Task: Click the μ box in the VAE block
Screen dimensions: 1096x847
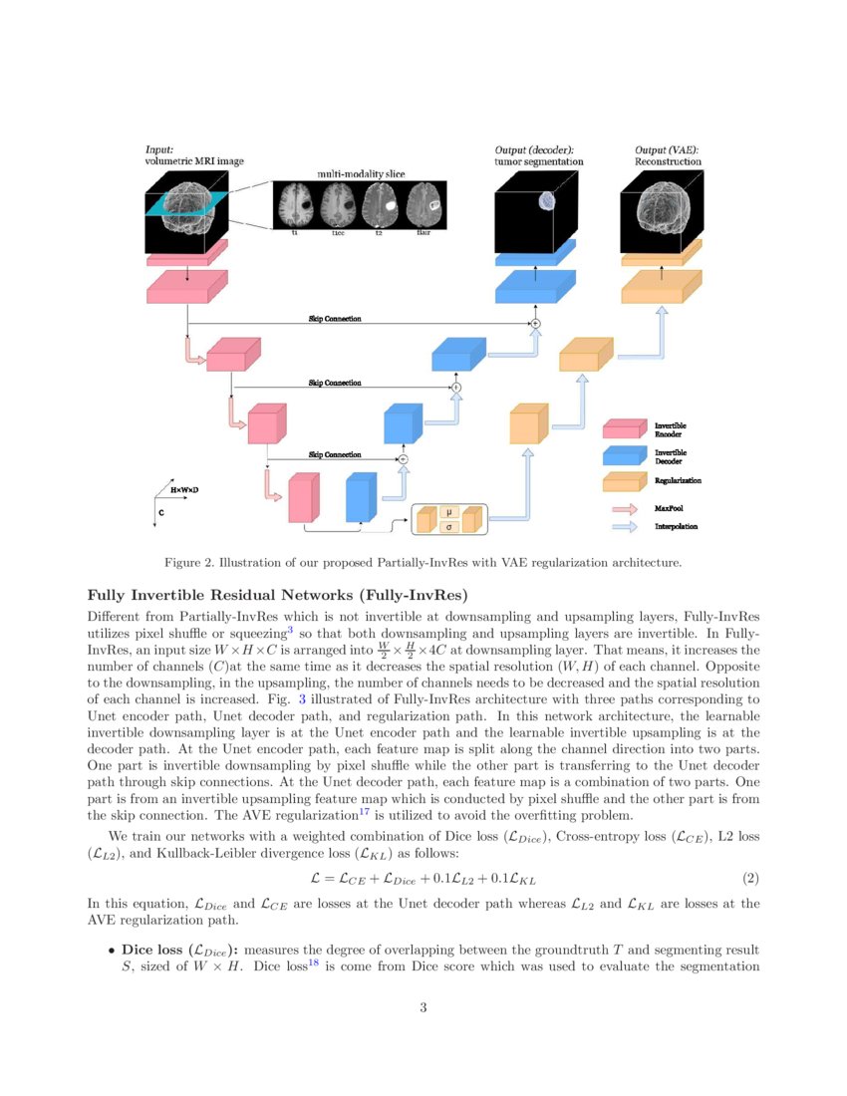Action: tap(449, 512)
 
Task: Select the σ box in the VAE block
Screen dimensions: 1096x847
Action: tap(449, 527)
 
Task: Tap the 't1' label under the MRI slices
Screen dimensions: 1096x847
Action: tap(295, 233)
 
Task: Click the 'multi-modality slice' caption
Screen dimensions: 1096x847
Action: tap(361, 174)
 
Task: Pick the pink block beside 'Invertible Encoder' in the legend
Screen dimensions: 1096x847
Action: tap(626, 430)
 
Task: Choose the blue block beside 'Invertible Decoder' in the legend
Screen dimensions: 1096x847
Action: tap(626, 456)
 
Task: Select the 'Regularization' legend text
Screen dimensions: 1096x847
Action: tap(678, 480)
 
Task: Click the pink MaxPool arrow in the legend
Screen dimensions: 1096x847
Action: tap(625, 506)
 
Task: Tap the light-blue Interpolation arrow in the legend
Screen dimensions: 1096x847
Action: tap(625, 525)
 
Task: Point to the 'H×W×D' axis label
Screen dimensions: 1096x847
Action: tap(183, 490)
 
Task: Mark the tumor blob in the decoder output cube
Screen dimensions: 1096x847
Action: tap(546, 200)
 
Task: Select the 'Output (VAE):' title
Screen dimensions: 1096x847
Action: tap(666, 150)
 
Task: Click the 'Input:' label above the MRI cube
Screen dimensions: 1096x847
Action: tap(159, 149)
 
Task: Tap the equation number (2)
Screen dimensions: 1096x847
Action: tap(751, 878)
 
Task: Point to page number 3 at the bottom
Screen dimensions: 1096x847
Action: tap(423, 1007)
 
